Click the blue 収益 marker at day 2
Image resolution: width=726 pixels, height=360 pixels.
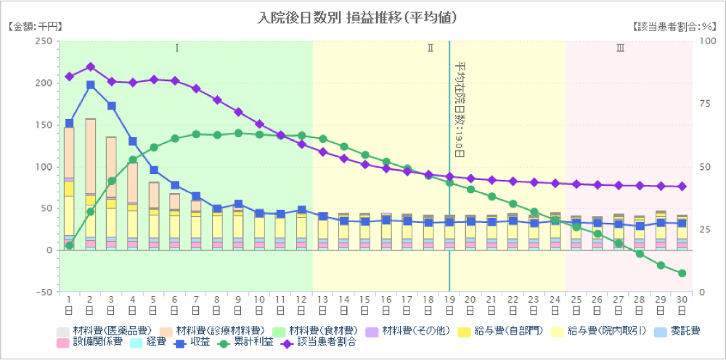(91, 85)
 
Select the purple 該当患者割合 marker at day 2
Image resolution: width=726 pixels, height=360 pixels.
(91, 67)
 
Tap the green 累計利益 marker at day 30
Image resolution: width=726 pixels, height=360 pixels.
(682, 274)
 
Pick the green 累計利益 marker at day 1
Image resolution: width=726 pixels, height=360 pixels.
(70, 245)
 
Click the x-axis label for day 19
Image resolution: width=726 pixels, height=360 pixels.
(449, 305)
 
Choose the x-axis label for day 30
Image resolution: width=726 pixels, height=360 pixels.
(682, 305)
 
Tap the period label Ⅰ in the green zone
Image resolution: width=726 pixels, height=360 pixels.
(176, 49)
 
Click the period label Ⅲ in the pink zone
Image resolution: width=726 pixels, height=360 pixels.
(620, 49)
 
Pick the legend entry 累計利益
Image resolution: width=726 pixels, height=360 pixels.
(253, 343)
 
